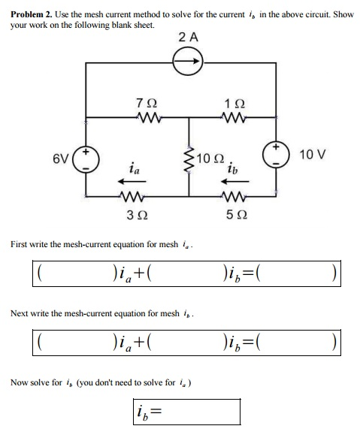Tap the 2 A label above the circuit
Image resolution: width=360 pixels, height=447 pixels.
tap(189, 37)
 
